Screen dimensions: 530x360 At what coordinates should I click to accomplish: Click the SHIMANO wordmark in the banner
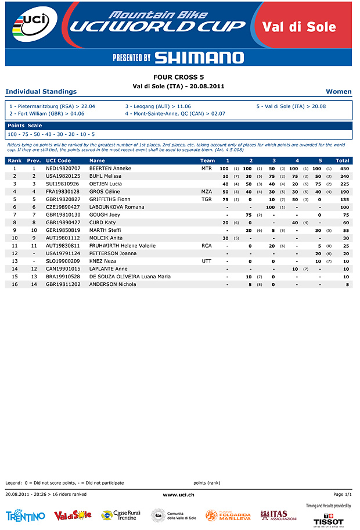pos(199,58)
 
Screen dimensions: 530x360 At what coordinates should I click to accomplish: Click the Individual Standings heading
pos(41,91)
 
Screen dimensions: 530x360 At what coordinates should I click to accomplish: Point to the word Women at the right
pos(339,91)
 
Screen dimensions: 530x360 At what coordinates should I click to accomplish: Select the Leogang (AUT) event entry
pos(158,107)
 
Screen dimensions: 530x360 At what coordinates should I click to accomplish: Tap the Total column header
pos(342,160)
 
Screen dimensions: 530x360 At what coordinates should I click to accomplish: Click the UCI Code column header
pos(58,160)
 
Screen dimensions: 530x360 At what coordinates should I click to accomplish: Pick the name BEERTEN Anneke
pos(110,169)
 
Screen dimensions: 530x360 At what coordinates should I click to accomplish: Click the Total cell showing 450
pos(344,169)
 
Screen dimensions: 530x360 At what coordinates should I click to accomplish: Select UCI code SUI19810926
pos(63,184)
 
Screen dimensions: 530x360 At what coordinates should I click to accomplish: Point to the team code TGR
pos(207,199)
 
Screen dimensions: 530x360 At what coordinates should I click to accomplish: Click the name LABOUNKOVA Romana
pos(117,207)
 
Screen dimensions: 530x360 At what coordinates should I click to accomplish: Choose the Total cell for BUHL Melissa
pos(344,176)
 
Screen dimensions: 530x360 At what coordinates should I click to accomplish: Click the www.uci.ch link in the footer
pos(178,495)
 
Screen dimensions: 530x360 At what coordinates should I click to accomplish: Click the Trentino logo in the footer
pos(25,516)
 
